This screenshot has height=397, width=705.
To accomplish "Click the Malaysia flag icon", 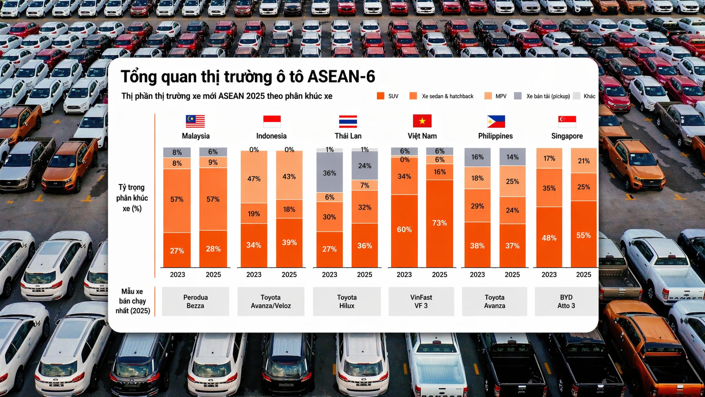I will [x=195, y=121].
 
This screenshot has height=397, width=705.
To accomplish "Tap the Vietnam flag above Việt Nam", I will [x=422, y=121].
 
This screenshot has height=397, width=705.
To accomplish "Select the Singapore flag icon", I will [x=567, y=121].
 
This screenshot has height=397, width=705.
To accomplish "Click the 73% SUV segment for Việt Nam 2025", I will [x=439, y=223].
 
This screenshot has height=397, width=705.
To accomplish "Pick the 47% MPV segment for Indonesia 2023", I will [x=254, y=178].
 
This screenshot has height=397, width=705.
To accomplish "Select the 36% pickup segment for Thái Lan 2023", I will [x=329, y=173].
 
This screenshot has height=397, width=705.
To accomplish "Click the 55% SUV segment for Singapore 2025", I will [x=584, y=235].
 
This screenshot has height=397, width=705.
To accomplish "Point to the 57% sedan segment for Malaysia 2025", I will [x=213, y=199].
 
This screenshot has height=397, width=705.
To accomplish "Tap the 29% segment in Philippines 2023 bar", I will [x=477, y=206].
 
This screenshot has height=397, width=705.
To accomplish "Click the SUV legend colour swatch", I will [x=380, y=96].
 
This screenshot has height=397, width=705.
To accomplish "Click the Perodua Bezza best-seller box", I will [x=195, y=302].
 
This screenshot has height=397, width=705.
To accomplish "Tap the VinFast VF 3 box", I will [x=421, y=302].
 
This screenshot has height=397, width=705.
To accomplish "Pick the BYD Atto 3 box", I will [x=566, y=302].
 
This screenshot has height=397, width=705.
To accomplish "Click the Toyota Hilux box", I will [x=347, y=302].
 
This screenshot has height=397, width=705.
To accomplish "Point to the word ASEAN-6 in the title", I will [x=341, y=77].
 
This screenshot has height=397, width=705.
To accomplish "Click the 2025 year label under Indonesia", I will [x=289, y=275].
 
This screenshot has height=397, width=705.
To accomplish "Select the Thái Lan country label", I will [x=348, y=136].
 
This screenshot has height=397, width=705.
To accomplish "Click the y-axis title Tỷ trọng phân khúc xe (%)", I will [x=132, y=198].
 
